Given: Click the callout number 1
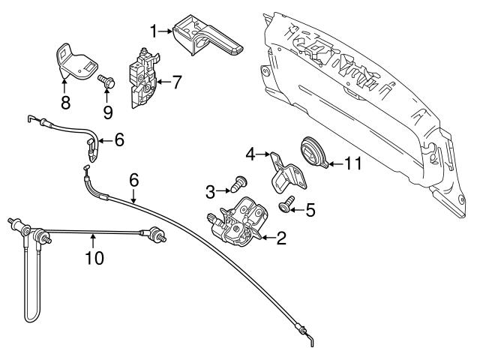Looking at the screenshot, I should (153, 31).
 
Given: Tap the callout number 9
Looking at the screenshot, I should (108, 112).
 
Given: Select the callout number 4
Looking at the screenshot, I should (250, 154).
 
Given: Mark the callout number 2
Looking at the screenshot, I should (280, 240).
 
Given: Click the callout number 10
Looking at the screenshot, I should (94, 258).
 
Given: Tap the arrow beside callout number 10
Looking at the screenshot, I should (92, 241).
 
